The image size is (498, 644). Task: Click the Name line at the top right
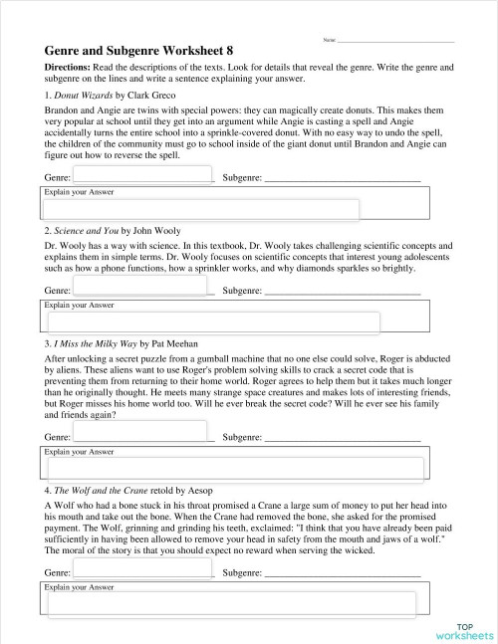[x=395, y=41]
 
